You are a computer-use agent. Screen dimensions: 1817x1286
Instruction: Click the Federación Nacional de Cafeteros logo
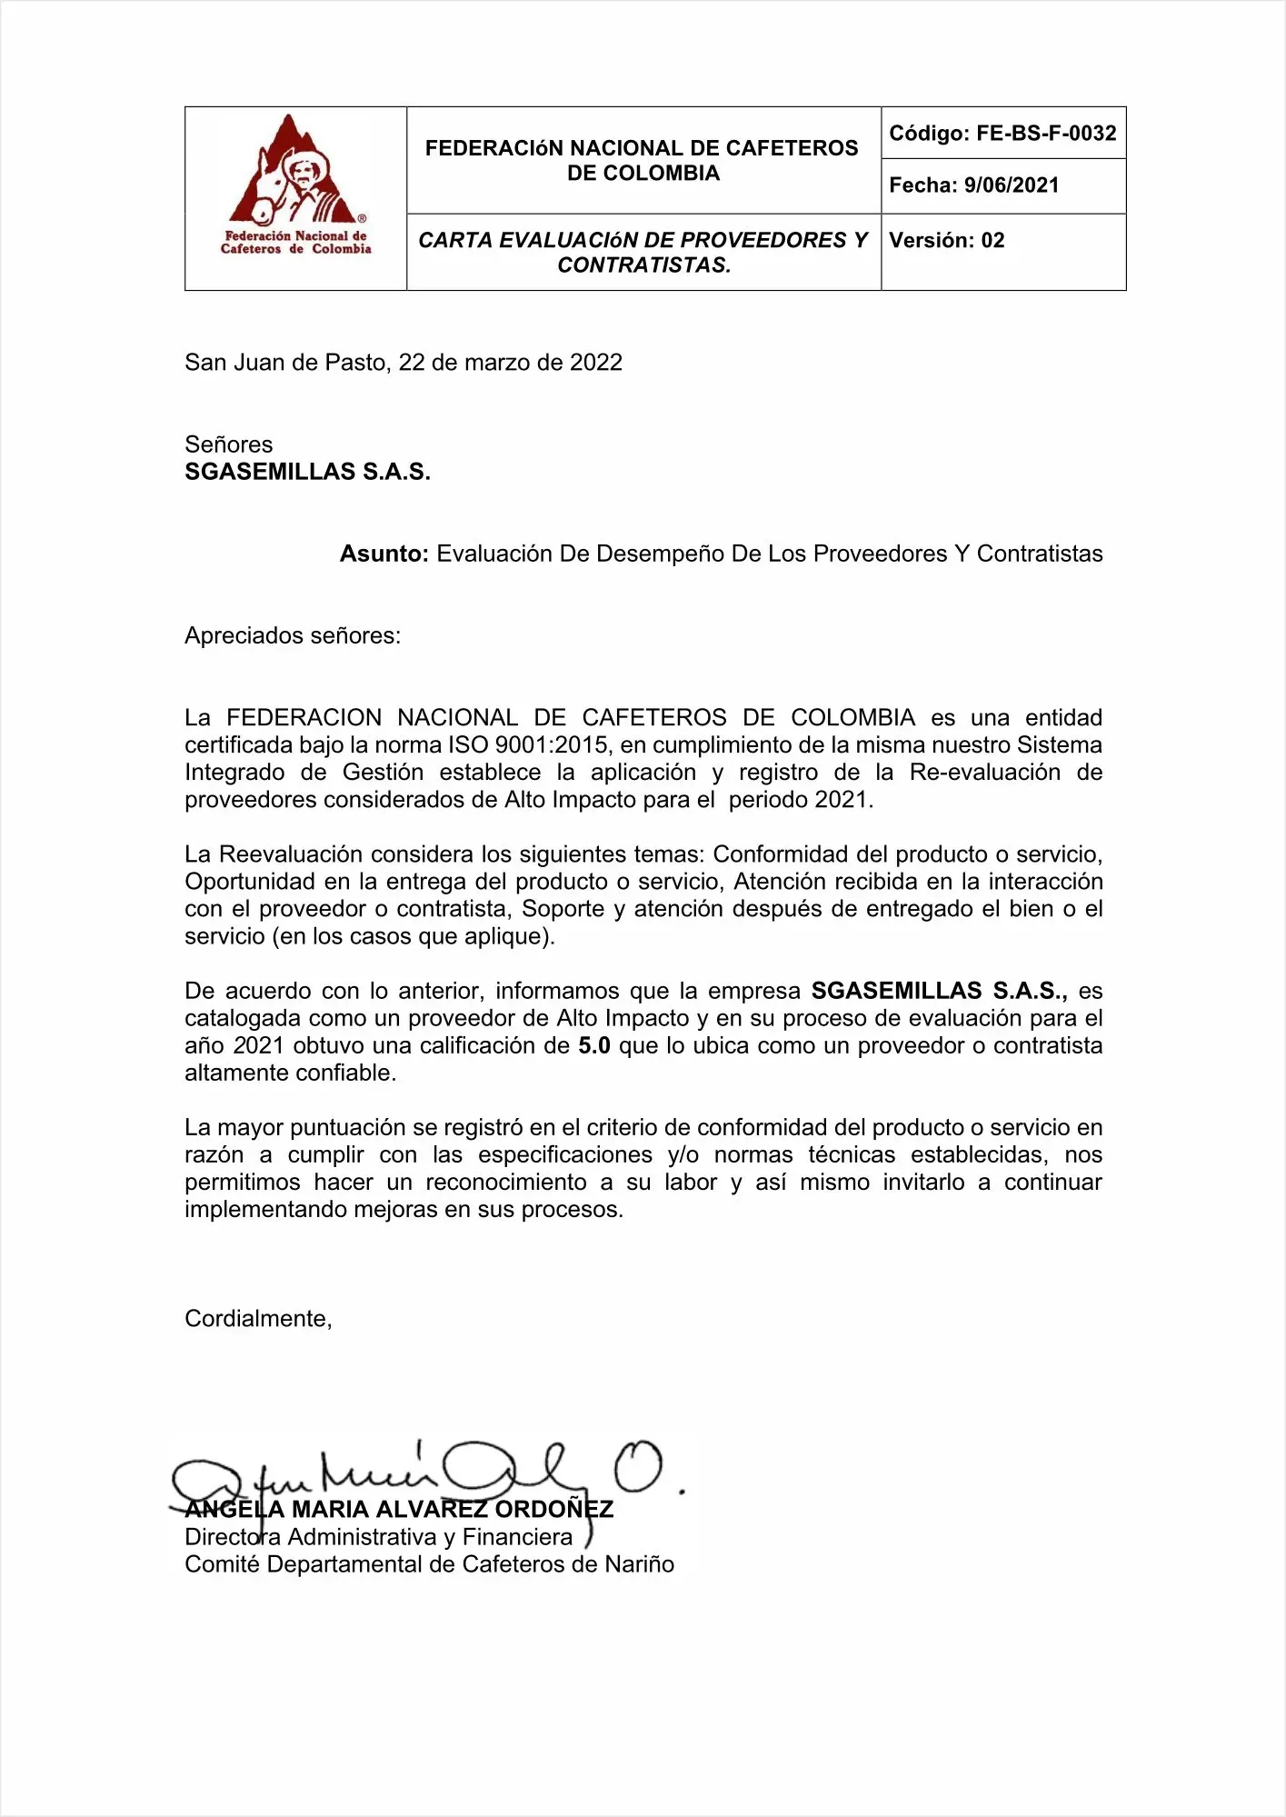coord(295,186)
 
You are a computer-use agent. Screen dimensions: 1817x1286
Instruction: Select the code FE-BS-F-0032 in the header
coord(1045,134)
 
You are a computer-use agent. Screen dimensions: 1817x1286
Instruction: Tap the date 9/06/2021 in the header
coord(1011,185)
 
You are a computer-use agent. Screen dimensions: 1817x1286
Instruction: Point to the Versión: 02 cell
coord(947,241)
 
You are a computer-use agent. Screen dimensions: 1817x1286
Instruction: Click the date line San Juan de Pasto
coord(403,363)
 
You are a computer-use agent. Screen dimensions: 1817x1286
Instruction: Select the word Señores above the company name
coord(228,444)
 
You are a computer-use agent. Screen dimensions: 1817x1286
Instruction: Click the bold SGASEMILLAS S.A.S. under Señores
coord(307,472)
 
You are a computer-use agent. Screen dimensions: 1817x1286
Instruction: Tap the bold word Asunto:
coord(384,554)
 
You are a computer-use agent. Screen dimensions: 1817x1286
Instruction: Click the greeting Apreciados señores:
coord(292,635)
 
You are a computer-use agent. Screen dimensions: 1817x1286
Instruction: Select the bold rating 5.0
coord(593,1046)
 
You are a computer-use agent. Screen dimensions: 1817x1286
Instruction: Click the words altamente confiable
coord(290,1073)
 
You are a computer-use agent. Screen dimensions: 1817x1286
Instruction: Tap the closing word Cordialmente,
coord(258,1319)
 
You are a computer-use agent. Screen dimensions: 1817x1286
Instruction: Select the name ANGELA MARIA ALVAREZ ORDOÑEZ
coord(399,1510)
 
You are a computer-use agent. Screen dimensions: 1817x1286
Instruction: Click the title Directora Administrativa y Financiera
coord(378,1537)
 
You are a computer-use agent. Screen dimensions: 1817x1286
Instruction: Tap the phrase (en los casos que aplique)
coord(413,936)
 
